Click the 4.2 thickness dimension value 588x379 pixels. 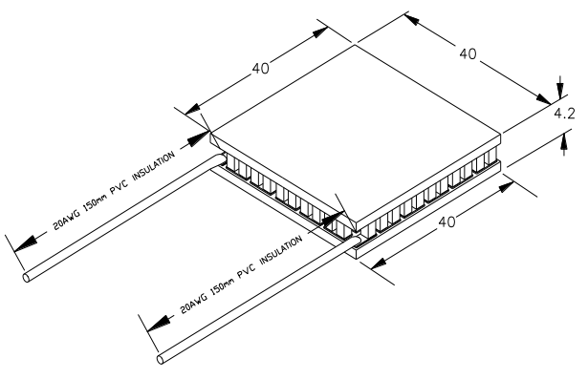(564, 113)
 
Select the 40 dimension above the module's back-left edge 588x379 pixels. (260, 69)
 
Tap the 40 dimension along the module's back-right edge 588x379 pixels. (468, 53)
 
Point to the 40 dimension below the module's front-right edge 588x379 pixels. (446, 221)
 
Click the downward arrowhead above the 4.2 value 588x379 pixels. (559, 89)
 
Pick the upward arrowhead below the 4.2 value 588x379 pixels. (564, 144)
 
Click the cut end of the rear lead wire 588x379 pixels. (26, 278)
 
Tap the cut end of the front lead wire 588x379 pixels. (161, 359)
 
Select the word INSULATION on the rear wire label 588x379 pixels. (154, 165)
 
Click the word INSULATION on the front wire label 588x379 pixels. (281, 249)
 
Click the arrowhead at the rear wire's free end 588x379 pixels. (26, 243)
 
